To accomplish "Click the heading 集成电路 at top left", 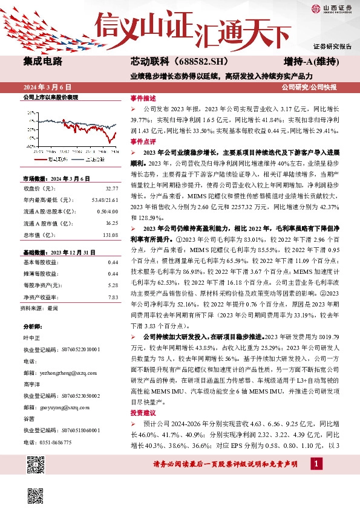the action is click(x=42, y=62).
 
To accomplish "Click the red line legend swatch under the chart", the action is click(x=41, y=160).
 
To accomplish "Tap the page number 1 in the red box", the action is click(x=315, y=464).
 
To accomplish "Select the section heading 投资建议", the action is click(x=143, y=412).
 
